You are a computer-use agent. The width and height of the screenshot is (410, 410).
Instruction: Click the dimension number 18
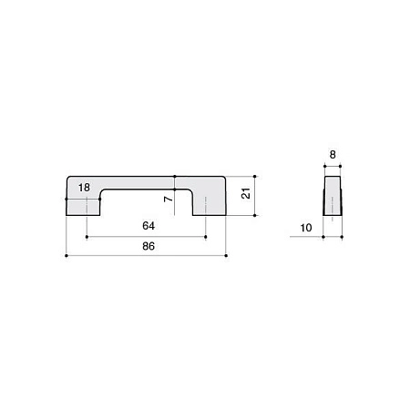click(x=84, y=188)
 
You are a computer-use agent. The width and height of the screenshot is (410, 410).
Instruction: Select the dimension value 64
click(x=149, y=226)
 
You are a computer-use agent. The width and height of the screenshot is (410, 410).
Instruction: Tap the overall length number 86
click(x=149, y=246)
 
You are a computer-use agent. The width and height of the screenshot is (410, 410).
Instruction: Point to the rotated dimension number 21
click(x=246, y=193)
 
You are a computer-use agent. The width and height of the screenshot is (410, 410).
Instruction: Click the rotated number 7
click(x=168, y=199)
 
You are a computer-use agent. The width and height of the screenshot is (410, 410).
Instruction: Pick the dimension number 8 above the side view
click(x=333, y=155)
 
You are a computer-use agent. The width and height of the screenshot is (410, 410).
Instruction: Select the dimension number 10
click(x=306, y=228)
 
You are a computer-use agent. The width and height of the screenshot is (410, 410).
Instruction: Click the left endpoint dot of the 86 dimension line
click(x=67, y=256)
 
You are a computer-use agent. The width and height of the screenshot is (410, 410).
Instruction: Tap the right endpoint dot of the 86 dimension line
click(x=226, y=256)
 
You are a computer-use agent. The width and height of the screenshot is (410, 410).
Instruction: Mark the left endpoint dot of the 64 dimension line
click(x=87, y=237)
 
